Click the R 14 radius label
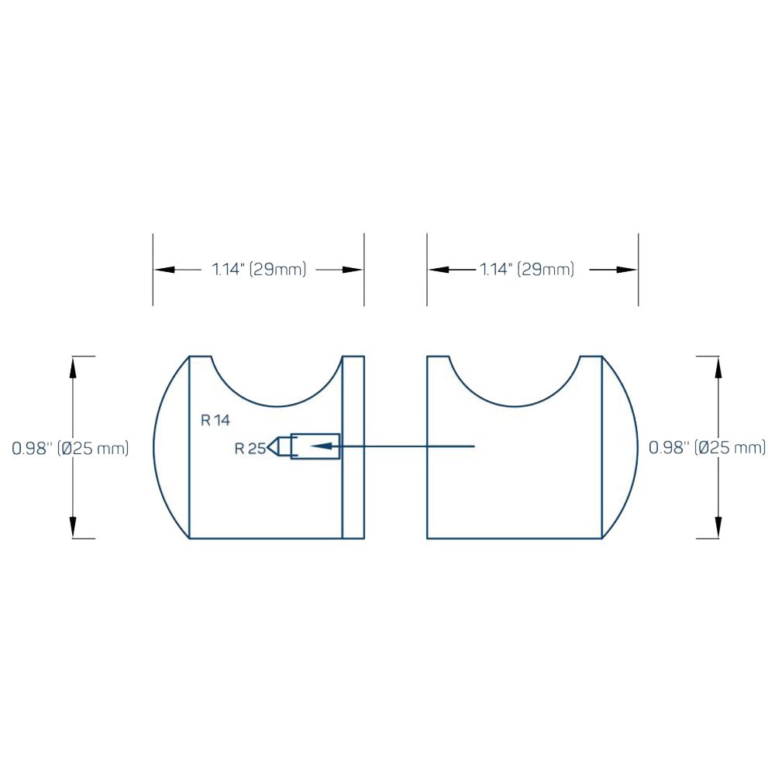(x=215, y=420)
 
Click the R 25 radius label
(x=250, y=448)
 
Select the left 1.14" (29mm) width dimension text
(x=259, y=270)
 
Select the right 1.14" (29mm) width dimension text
(x=527, y=270)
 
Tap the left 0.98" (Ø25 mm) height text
(x=71, y=448)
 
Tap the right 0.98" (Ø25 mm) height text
(x=708, y=447)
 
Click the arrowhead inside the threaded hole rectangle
(x=321, y=446)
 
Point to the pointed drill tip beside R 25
(x=273, y=447)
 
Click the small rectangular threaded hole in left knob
(x=315, y=446)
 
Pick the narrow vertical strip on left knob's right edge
(x=353, y=447)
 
